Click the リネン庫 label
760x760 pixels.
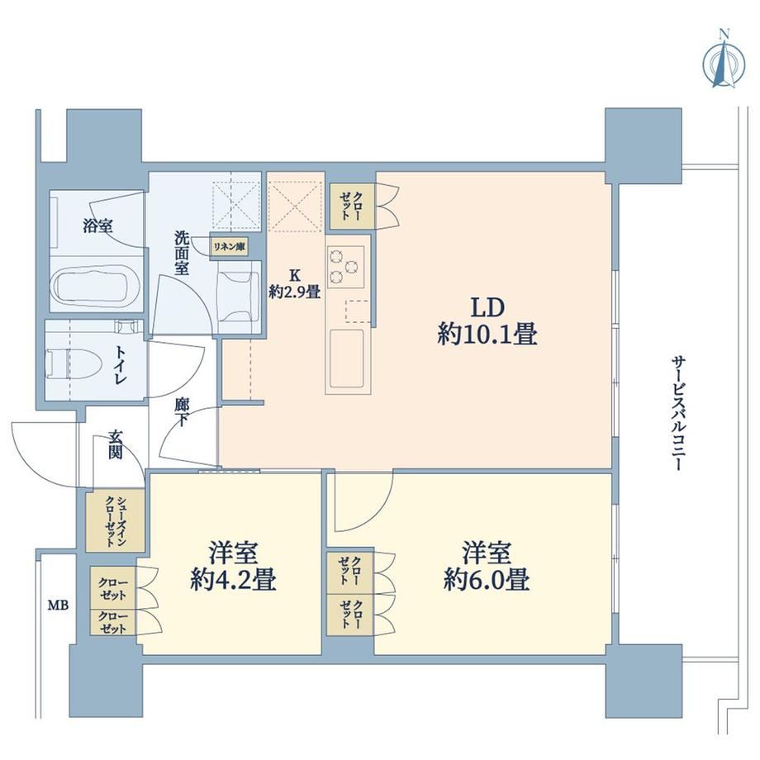(x=230, y=247)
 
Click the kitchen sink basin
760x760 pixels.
(x=347, y=359)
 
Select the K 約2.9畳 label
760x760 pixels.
(x=295, y=283)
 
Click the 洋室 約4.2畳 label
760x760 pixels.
(x=233, y=566)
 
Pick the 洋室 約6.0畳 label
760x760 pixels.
(x=486, y=566)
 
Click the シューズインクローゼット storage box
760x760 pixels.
(x=116, y=520)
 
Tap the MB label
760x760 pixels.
(x=58, y=606)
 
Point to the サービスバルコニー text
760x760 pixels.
(x=677, y=414)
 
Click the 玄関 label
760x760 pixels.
(x=115, y=444)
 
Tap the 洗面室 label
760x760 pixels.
(x=182, y=253)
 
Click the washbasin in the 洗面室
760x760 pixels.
(x=238, y=297)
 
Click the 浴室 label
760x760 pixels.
(x=98, y=226)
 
